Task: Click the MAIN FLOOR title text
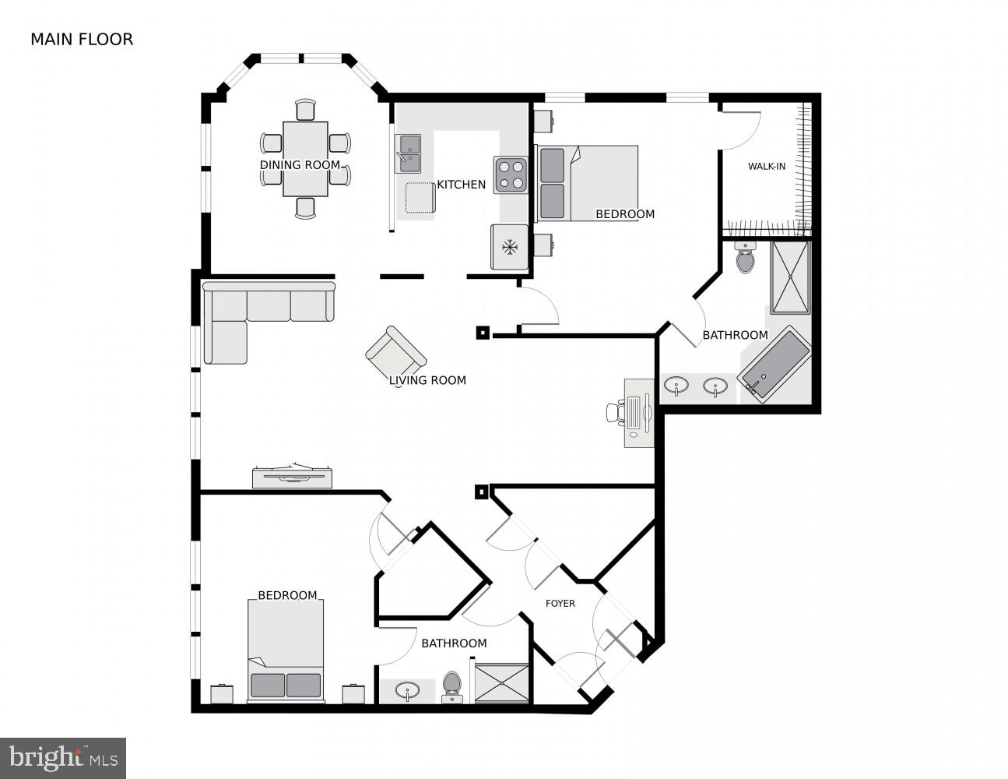coord(82,39)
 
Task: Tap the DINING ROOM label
coord(300,165)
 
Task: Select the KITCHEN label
coord(461,185)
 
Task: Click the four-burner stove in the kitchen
coord(510,174)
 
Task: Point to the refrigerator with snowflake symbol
coord(510,248)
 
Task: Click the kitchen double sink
coord(408,153)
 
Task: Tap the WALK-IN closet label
coord(766,166)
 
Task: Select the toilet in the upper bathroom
coord(745,258)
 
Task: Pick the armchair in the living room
coord(395,354)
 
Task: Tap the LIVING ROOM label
coord(427,380)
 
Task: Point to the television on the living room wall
coord(293,476)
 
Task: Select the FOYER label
coord(560,603)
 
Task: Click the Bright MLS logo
coord(63,757)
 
